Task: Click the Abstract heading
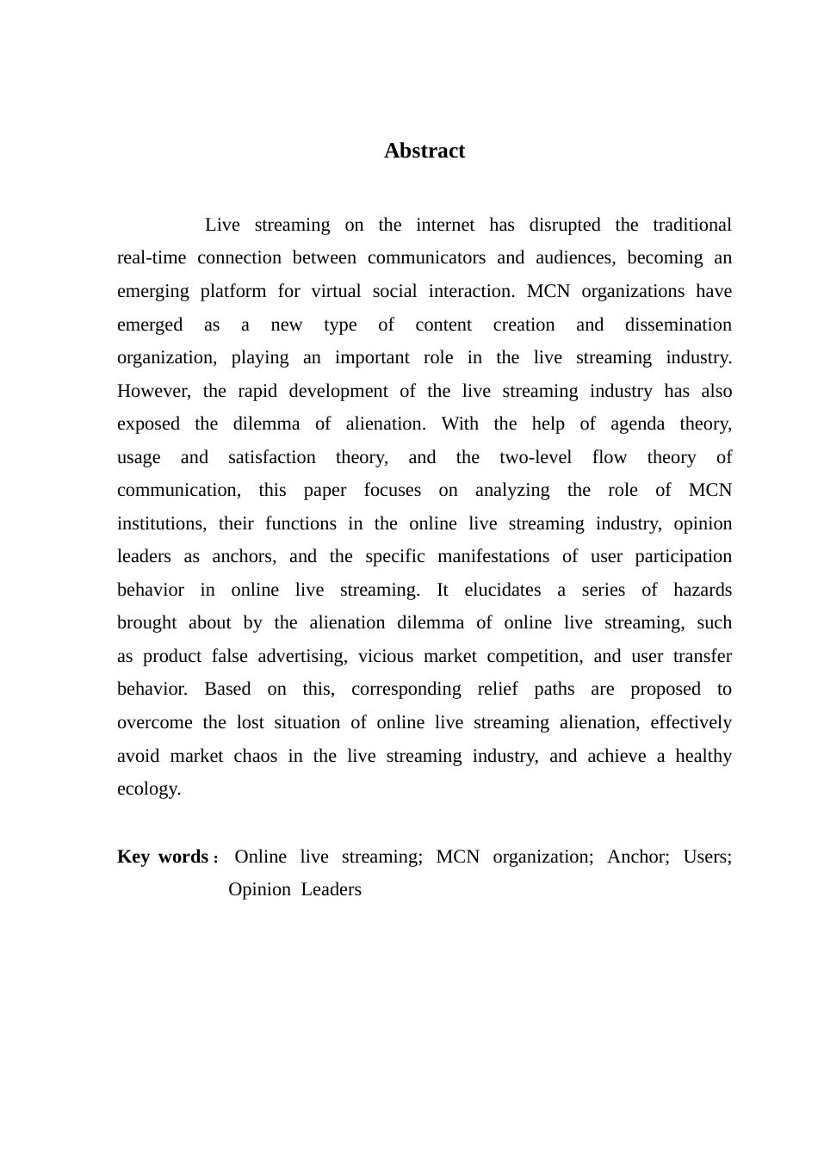point(424,151)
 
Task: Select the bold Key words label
point(163,857)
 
